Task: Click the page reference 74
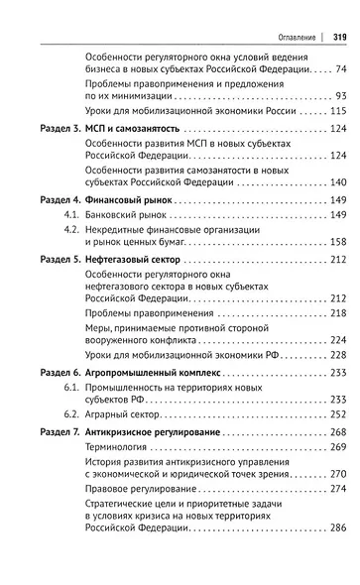(340, 68)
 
